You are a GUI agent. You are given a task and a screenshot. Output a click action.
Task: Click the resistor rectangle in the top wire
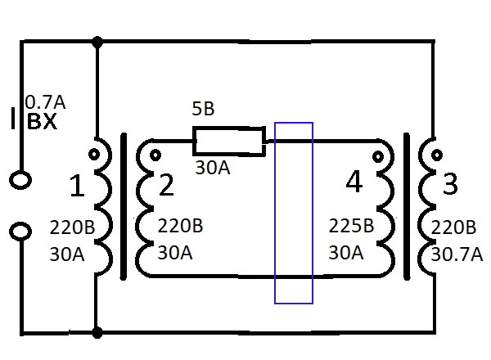(228, 141)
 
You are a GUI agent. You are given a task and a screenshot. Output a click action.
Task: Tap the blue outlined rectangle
(294, 213)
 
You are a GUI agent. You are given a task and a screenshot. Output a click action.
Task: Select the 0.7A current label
(45, 102)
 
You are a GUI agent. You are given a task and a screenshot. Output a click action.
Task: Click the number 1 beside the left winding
(76, 187)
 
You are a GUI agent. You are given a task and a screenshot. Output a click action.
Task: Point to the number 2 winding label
(166, 186)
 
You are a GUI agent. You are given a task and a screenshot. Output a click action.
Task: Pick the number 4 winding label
(354, 182)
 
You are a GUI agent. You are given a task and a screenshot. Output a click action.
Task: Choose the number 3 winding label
(450, 185)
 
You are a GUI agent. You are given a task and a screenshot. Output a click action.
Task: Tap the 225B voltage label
(350, 226)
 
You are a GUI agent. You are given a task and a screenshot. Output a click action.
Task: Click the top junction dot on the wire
(98, 41)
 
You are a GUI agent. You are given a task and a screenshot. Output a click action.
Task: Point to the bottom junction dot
(98, 333)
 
